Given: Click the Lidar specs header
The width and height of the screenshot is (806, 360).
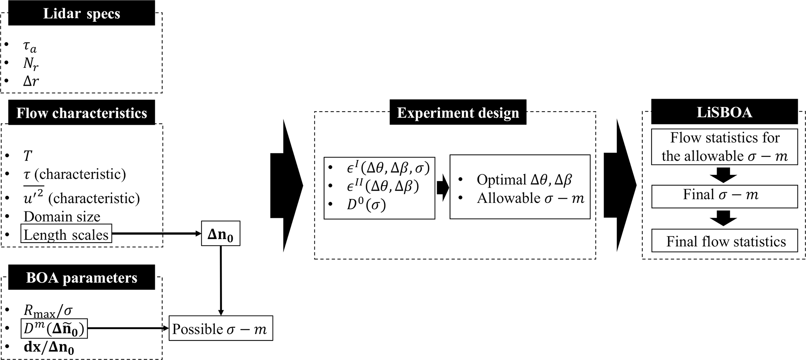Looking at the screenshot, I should pos(81,14).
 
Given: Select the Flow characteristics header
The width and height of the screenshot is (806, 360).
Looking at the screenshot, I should pos(81,113).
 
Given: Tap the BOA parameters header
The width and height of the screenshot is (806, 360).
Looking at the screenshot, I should pos(81,278).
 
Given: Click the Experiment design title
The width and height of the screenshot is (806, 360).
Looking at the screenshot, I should pos(458,113).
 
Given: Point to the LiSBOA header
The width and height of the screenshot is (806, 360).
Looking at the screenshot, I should pos(724,112).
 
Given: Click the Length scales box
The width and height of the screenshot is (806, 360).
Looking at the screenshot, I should pos(66,234).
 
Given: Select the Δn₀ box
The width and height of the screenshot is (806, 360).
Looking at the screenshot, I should pos(220,234).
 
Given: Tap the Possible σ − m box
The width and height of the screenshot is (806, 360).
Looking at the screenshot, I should pos(220,329).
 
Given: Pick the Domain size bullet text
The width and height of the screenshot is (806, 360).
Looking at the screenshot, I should pos(62,216).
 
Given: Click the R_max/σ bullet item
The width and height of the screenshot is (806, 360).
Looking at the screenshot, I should pos(48,311).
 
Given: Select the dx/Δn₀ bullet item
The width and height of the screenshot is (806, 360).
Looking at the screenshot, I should pos(49,347).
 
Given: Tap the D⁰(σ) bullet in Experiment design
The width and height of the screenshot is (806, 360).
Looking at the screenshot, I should pos(366,205).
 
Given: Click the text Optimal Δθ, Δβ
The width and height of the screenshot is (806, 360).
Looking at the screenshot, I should pos(524,179).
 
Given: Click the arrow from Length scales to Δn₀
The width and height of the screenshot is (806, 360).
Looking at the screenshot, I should pos(156,234).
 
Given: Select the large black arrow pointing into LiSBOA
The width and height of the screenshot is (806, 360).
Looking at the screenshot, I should pos(619,185).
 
